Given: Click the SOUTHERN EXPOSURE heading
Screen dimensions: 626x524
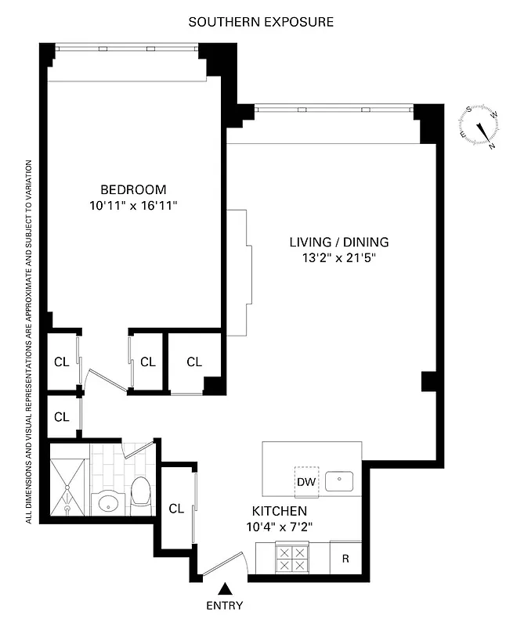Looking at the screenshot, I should (261, 22).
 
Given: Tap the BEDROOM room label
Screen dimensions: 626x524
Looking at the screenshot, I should (133, 189).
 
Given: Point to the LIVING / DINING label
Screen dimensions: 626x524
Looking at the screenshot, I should (338, 242).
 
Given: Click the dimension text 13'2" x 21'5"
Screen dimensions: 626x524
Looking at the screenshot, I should (338, 258).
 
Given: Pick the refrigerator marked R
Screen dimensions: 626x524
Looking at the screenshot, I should (345, 559).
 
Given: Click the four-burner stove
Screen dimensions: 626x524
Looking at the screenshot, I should (293, 560).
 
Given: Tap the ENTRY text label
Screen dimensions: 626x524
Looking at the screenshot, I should (226, 605).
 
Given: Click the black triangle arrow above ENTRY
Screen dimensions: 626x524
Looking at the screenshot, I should (226, 589).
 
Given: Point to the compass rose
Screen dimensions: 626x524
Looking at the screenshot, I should (479, 128).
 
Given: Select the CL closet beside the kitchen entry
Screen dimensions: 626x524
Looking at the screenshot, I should (177, 508).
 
